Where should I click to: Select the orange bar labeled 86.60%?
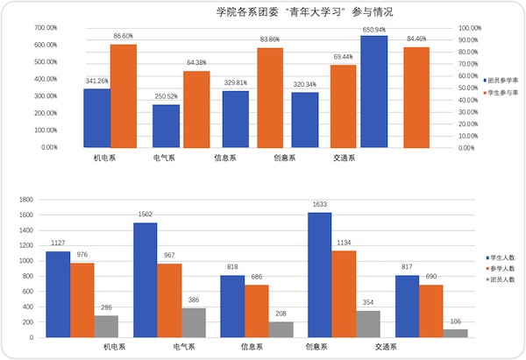point(123,95)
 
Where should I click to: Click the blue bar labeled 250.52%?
point(166,126)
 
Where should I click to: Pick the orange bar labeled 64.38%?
point(196,109)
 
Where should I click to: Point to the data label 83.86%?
point(270,39)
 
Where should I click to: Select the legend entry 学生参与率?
point(502,92)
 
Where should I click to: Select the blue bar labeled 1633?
point(319,274)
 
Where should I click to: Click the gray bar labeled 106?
point(456,333)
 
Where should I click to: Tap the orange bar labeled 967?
point(169,300)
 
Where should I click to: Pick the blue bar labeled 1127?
point(58,293)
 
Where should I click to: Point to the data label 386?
point(195,300)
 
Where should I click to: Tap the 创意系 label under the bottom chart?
point(317,347)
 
